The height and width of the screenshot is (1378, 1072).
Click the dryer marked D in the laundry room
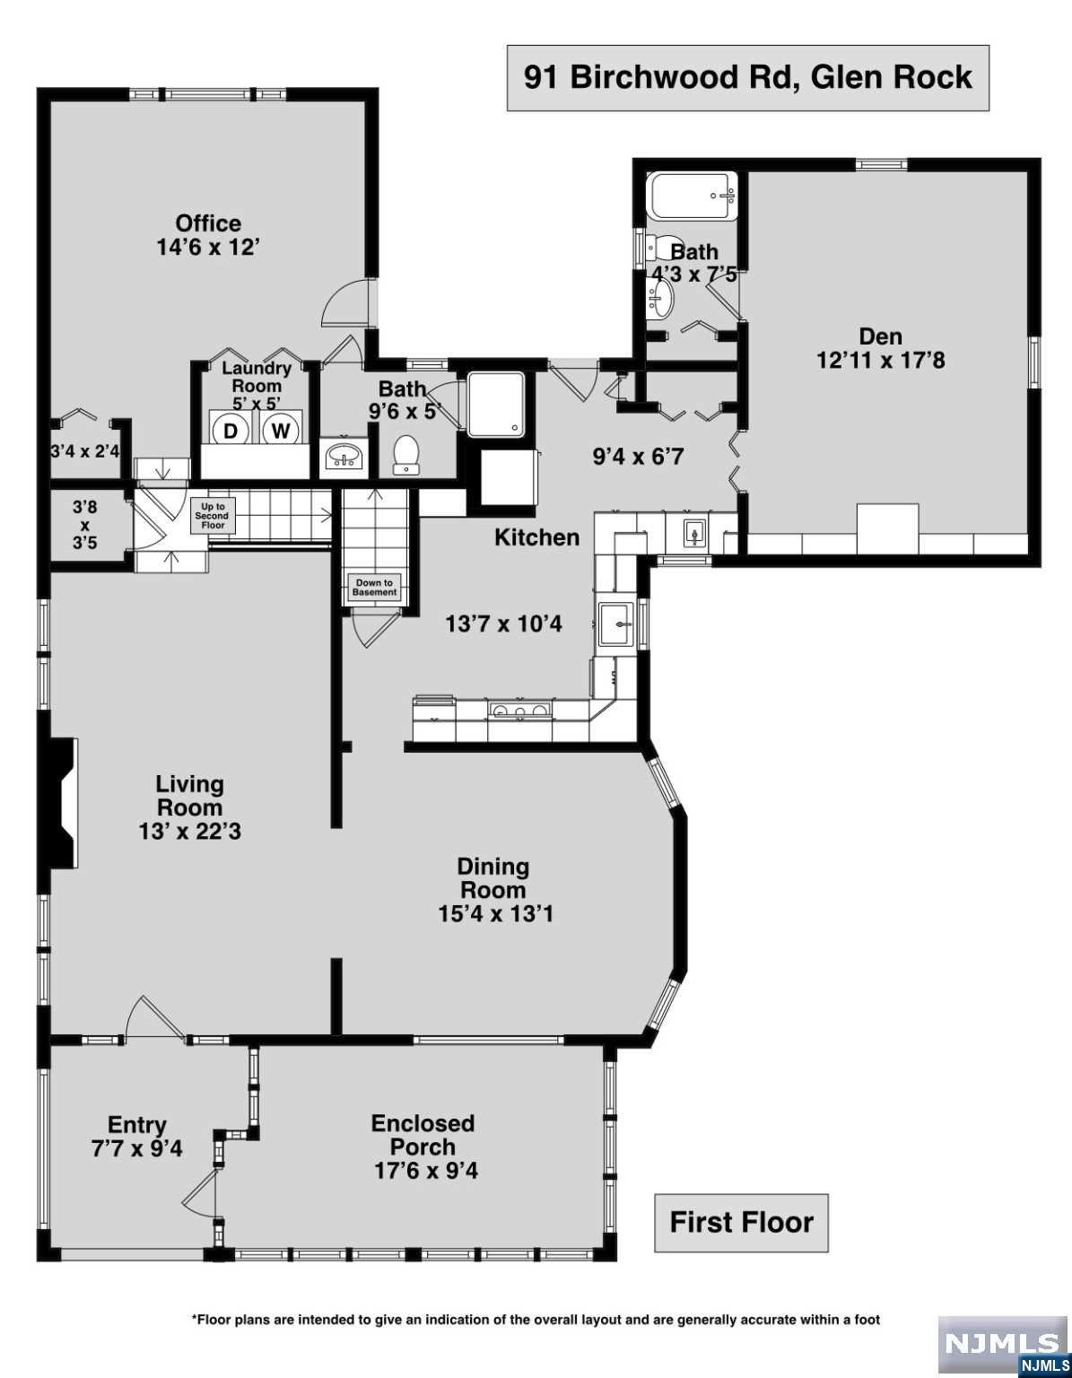[231, 432]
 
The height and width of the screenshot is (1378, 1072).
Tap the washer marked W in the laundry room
[280, 432]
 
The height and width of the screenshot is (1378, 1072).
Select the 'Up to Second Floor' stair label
[213, 516]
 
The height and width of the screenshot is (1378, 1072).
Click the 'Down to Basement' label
[374, 588]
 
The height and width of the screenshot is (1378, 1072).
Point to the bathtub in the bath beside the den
[693, 196]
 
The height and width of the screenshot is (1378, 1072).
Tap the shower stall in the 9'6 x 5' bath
[496, 405]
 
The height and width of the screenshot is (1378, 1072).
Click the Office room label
[208, 223]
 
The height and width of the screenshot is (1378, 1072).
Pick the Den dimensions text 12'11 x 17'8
[880, 361]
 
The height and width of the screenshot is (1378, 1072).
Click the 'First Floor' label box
[741, 1223]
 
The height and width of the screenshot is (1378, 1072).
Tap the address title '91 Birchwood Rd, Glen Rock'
[748, 78]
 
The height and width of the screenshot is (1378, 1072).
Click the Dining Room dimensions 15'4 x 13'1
[495, 914]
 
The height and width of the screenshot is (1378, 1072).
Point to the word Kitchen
[537, 537]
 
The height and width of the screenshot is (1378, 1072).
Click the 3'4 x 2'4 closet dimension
[85, 451]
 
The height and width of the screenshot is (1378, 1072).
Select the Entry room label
[137, 1125]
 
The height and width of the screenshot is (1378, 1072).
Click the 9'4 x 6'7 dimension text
[638, 456]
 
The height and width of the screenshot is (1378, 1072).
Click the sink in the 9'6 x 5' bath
[343, 454]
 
